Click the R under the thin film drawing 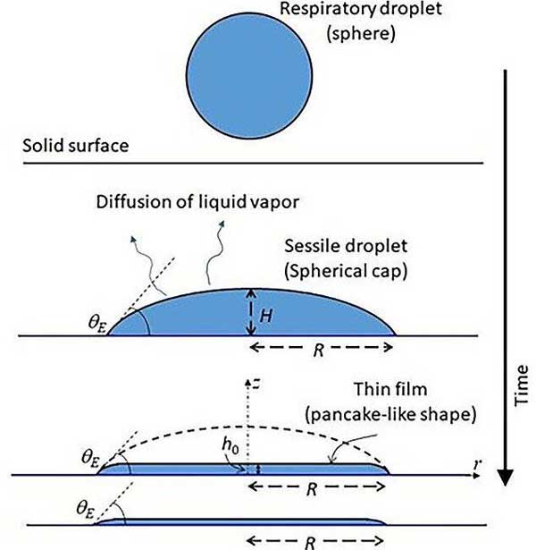[319, 487]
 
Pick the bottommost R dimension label [319, 540]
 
